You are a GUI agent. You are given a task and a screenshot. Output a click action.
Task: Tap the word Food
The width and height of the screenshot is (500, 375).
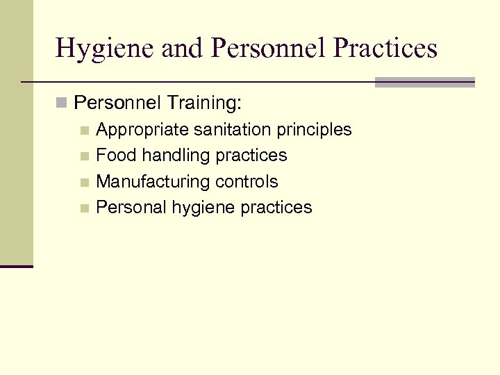pyautogui.click(x=117, y=156)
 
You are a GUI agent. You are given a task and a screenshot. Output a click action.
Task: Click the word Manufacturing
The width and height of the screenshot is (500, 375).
pyautogui.click(x=153, y=182)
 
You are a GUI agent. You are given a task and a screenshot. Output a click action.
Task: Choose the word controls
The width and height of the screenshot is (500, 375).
pyautogui.click(x=247, y=182)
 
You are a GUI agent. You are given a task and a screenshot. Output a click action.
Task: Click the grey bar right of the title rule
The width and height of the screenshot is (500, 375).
pyautogui.click(x=424, y=82)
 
